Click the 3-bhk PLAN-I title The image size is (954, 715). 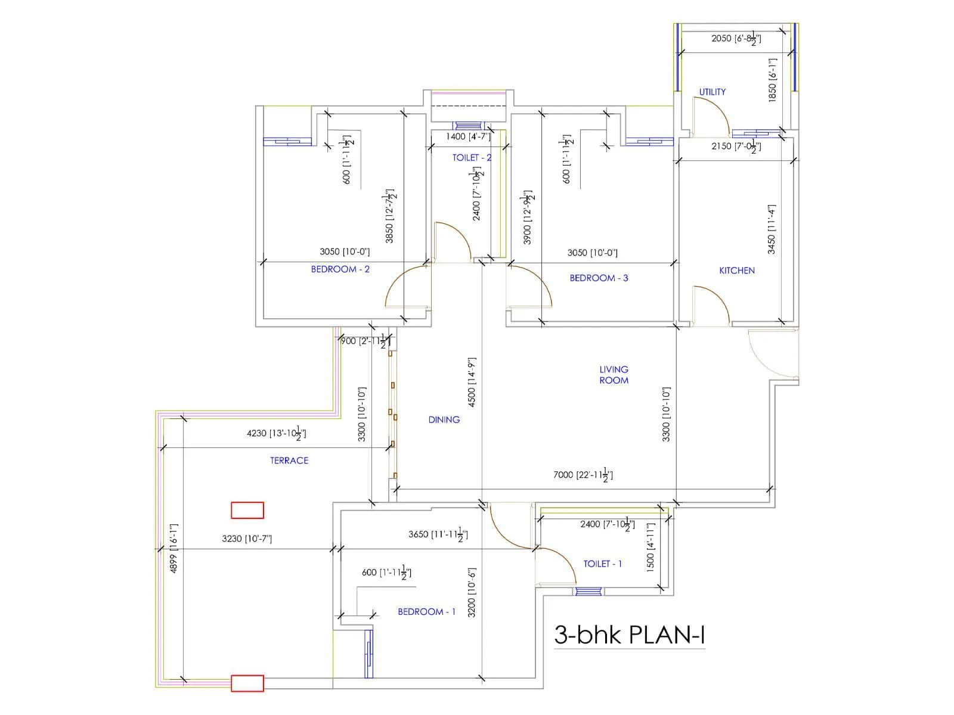pyautogui.click(x=630, y=635)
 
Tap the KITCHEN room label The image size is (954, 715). pyautogui.click(x=737, y=271)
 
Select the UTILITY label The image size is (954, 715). pyautogui.click(x=713, y=92)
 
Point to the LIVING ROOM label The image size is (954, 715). pyautogui.click(x=614, y=375)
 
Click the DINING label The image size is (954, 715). pyautogui.click(x=444, y=419)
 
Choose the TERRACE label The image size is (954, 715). pyautogui.click(x=289, y=461)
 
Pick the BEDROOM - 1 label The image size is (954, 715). pyautogui.click(x=426, y=612)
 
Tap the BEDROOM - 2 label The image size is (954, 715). pyautogui.click(x=340, y=269)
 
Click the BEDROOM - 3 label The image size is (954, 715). pyautogui.click(x=599, y=278)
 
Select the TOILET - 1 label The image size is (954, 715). pyautogui.click(x=602, y=564)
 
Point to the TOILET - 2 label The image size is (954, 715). pyautogui.click(x=472, y=158)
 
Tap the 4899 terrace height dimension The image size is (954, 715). pyautogui.click(x=174, y=549)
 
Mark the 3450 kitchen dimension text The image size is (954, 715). pyautogui.click(x=772, y=229)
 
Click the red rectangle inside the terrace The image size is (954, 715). pyautogui.click(x=247, y=511)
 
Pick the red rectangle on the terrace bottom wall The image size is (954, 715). pyautogui.click(x=247, y=683)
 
